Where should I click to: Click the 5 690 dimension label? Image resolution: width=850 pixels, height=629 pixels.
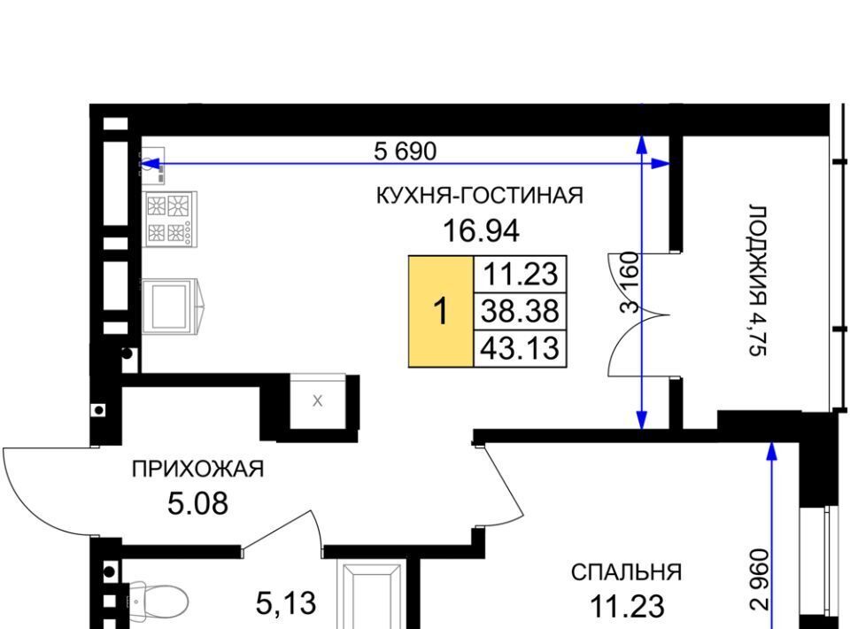pyautogui.click(x=405, y=151)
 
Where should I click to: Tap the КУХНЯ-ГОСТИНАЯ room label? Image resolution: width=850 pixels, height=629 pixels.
pyautogui.click(x=480, y=195)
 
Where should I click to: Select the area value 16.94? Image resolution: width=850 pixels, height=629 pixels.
pyautogui.click(x=482, y=231)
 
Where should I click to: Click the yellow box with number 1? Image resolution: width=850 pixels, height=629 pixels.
pyautogui.click(x=441, y=312)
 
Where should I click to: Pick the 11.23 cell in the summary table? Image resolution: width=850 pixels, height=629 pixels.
pyautogui.click(x=521, y=274)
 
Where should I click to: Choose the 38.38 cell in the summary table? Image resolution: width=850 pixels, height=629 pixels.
pyautogui.click(x=521, y=311)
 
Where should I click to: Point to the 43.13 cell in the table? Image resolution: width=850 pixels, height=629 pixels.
pyautogui.click(x=521, y=348)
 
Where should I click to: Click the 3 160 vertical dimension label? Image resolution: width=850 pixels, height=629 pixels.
pyautogui.click(x=630, y=282)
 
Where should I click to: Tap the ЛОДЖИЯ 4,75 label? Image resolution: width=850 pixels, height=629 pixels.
pyautogui.click(x=758, y=280)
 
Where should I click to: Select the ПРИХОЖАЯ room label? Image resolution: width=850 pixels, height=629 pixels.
pyautogui.click(x=197, y=469)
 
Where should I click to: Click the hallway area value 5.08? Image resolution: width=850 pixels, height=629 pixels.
pyautogui.click(x=197, y=504)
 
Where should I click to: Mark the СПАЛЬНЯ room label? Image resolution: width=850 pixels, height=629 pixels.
pyautogui.click(x=627, y=572)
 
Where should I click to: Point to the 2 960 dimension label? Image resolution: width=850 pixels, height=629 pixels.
pyautogui.click(x=760, y=580)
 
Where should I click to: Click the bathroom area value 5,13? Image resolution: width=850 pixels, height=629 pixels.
pyautogui.click(x=286, y=603)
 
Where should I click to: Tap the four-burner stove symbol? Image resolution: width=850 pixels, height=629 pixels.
pyautogui.click(x=170, y=219)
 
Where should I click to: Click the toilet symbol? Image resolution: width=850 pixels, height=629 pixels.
pyautogui.click(x=158, y=601)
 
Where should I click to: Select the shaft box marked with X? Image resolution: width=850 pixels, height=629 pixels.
pyautogui.click(x=318, y=401)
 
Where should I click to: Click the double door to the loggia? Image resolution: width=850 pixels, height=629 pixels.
pyautogui.click(x=639, y=314)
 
